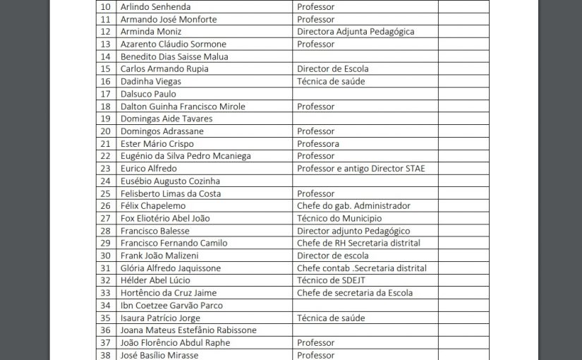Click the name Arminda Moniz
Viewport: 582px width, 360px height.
tap(151, 32)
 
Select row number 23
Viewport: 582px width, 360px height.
tap(106, 169)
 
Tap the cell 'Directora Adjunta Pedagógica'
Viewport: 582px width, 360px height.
tap(356, 32)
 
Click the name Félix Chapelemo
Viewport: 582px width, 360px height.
tap(153, 206)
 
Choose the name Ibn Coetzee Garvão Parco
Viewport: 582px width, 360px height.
tap(171, 306)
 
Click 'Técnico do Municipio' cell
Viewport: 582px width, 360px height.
tap(339, 219)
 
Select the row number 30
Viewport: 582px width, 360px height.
tap(106, 256)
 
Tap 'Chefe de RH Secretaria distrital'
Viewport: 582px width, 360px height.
tap(358, 244)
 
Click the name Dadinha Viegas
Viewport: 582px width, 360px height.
tap(151, 82)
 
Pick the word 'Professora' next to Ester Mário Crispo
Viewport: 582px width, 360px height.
tap(318, 144)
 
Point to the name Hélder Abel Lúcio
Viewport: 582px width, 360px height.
tap(155, 281)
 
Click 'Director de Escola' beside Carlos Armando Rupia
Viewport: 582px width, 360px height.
tap(332, 69)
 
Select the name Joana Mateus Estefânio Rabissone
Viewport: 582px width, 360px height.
tap(188, 330)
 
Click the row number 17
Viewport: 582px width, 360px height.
tap(106, 94)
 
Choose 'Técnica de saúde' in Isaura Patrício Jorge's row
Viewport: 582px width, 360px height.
tap(330, 318)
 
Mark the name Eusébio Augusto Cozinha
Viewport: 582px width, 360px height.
tap(170, 181)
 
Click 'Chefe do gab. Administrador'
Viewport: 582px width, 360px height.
tap(353, 206)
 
